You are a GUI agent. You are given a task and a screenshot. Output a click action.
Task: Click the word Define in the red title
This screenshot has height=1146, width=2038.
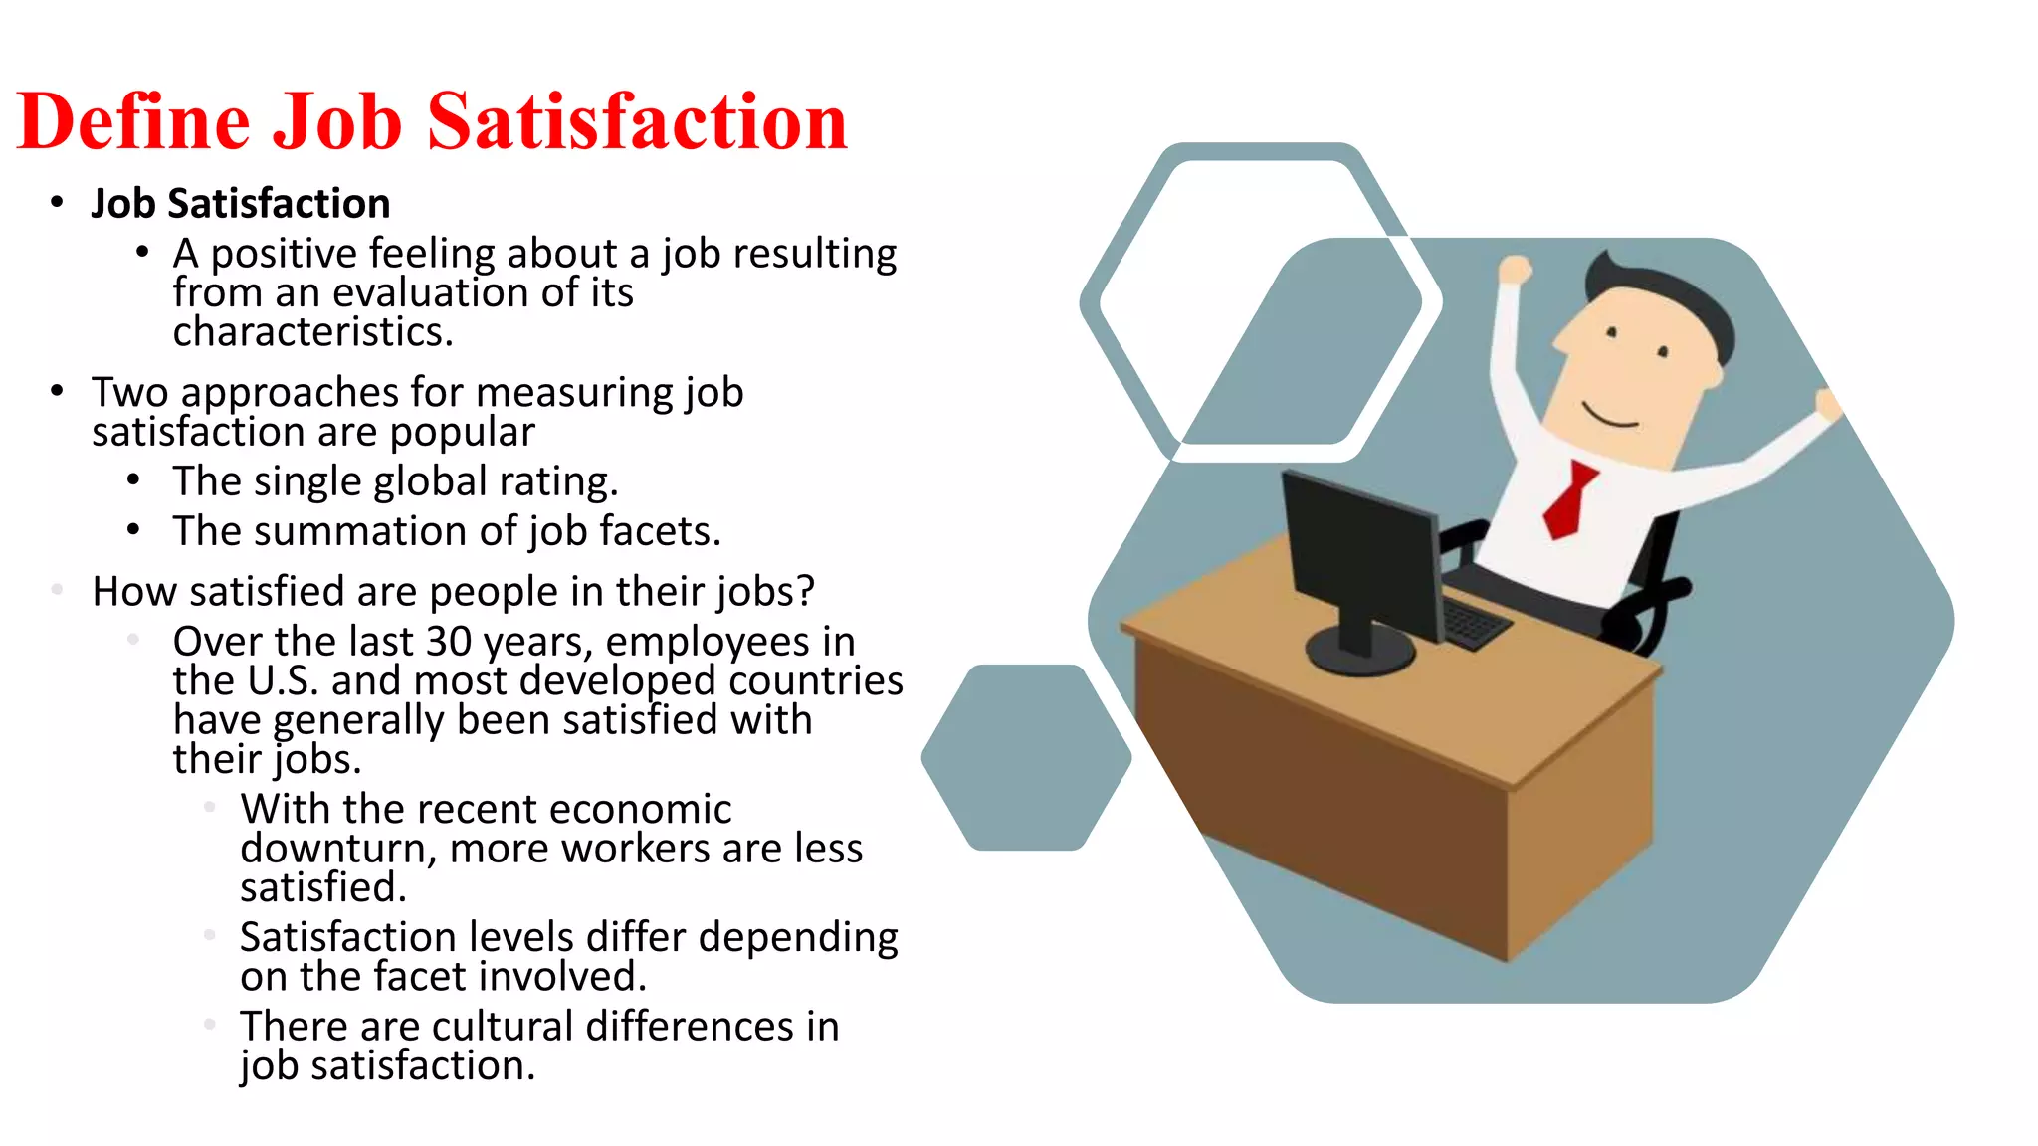tap(133, 121)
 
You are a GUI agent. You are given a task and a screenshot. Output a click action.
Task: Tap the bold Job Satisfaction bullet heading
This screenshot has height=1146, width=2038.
tap(240, 204)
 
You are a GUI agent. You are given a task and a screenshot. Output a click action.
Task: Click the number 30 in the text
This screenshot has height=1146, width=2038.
tap(448, 642)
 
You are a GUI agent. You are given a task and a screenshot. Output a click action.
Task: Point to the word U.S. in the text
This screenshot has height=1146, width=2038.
tap(283, 681)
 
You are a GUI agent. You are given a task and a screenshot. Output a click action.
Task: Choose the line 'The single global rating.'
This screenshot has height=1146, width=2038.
tap(395, 481)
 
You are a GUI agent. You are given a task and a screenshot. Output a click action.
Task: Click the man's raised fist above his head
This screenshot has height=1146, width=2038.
tap(1515, 270)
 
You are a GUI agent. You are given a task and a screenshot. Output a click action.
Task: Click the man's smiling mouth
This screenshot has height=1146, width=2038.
tap(1608, 416)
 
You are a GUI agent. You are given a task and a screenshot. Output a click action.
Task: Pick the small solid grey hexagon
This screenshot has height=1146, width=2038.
tap(1026, 757)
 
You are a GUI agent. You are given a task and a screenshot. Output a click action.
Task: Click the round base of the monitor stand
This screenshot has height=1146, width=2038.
tap(1359, 652)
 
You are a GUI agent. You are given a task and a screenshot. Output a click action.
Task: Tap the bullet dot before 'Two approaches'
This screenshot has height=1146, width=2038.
tap(58, 392)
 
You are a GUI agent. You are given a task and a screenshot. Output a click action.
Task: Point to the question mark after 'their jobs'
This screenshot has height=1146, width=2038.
tap(805, 592)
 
